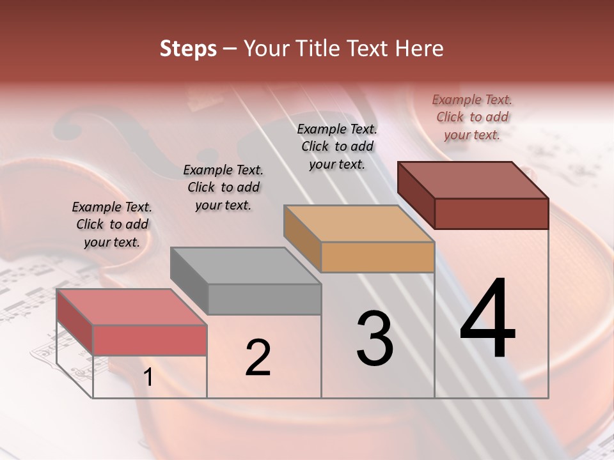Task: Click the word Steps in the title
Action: [188, 49]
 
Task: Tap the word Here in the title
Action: [420, 49]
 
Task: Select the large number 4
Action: [487, 319]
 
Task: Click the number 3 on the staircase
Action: [375, 339]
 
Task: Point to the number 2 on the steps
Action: [258, 358]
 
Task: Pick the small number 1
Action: [148, 378]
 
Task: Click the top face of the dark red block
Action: [473, 180]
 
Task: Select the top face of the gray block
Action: [246, 266]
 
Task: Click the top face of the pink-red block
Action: [132, 307]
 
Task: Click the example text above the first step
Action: [112, 224]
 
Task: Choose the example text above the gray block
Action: [223, 187]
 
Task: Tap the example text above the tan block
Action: [337, 146]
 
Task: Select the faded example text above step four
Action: [472, 117]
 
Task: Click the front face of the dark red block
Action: [491, 213]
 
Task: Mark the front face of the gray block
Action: [264, 299]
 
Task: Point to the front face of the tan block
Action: [377, 257]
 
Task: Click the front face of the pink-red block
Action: [150, 340]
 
